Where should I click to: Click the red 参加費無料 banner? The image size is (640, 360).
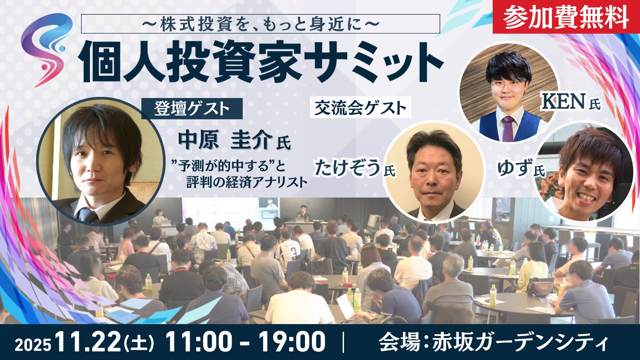[x=566, y=17]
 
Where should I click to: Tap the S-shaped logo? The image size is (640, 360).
[x=46, y=49]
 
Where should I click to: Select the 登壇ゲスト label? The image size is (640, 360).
[x=192, y=109]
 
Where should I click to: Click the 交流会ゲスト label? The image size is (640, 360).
[x=360, y=107]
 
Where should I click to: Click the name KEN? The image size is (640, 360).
[x=563, y=101]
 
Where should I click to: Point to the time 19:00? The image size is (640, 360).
[x=292, y=342]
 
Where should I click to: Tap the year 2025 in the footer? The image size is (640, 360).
[x=33, y=345]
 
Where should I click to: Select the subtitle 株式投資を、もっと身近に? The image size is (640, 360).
[x=260, y=24]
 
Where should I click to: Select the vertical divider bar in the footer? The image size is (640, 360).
[x=343, y=342]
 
